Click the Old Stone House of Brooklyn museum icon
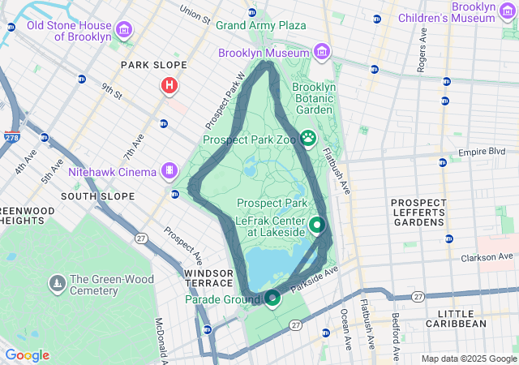(124, 31)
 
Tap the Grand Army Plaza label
(260, 25)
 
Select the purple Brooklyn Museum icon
(322, 53)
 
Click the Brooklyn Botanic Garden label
(313, 98)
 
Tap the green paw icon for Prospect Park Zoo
(308, 139)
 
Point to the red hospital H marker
(169, 84)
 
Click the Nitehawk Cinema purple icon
(169, 171)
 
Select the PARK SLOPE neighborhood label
(153, 65)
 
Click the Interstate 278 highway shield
(12, 138)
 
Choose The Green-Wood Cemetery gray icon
(58, 283)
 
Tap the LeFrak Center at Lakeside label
(270, 225)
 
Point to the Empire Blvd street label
(481, 152)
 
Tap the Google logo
(27, 355)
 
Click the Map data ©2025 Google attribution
(469, 359)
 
